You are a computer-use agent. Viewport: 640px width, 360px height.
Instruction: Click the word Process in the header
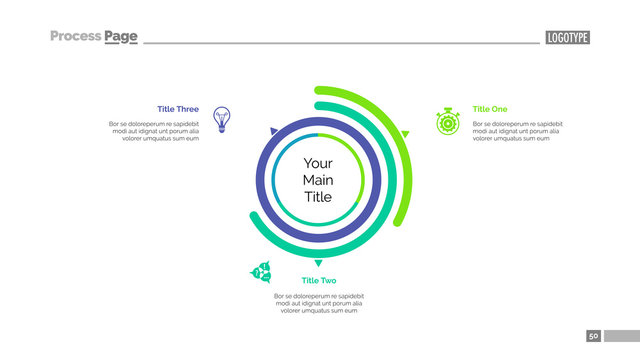coord(75,36)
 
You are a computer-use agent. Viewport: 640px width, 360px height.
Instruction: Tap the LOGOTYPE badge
coord(568,37)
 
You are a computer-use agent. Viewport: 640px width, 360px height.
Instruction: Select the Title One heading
coord(490,109)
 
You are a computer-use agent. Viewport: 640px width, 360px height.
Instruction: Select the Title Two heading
coord(318,281)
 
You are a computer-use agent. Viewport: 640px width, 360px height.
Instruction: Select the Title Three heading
coord(178,109)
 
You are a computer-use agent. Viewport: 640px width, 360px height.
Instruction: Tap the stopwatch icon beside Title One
coord(447,121)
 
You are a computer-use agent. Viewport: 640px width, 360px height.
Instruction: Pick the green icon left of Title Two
coord(262,272)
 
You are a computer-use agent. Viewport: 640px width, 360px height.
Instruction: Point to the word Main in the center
coord(318,180)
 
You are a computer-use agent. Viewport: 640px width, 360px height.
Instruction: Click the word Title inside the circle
coord(318,197)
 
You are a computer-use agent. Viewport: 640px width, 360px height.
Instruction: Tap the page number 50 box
coord(594,336)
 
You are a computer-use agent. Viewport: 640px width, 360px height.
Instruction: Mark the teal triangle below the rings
coord(318,263)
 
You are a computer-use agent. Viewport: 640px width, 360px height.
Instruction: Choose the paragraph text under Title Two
coord(318,304)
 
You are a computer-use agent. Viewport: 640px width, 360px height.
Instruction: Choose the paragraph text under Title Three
coord(155,131)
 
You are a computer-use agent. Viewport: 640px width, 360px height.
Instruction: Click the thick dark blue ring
coord(259,180)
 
